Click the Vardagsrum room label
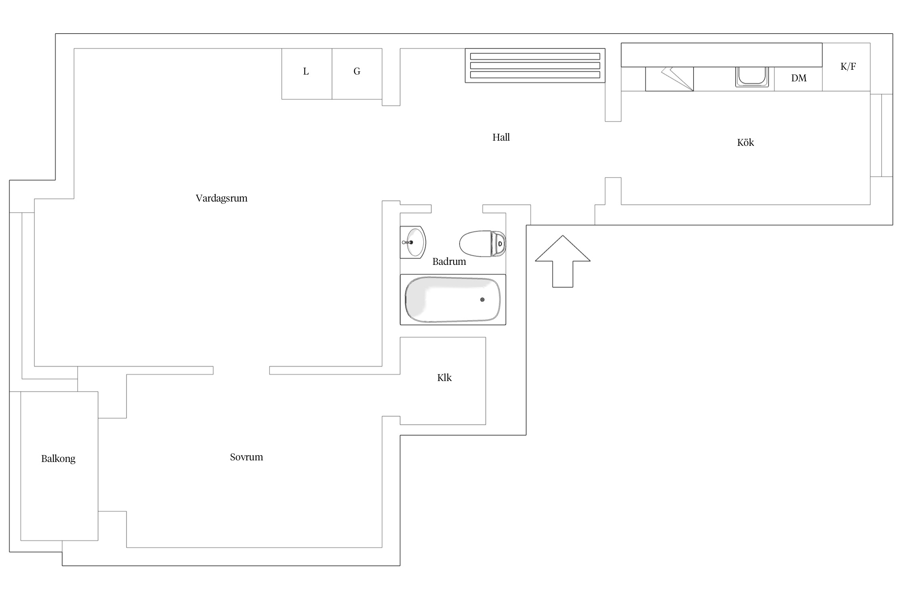[x=221, y=198]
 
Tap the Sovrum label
[x=246, y=457]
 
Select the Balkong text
[x=58, y=459]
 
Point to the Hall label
[x=501, y=137]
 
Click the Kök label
[x=745, y=143]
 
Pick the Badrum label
[x=449, y=262]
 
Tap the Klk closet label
[x=444, y=378]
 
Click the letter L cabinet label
[x=306, y=71]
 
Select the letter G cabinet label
[x=357, y=71]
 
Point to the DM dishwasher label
[x=798, y=78]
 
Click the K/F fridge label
[x=848, y=67]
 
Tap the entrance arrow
[x=563, y=261]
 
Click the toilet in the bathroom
[x=483, y=244]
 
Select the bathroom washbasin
[x=412, y=242]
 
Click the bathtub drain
[x=482, y=300]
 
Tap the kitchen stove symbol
[x=669, y=79]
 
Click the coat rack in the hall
[x=535, y=66]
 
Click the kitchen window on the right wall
[x=881, y=135]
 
